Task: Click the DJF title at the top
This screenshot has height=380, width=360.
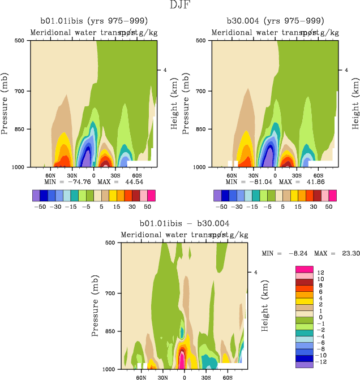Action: (x=179, y=6)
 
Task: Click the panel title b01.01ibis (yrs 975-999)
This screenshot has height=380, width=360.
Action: (x=93, y=21)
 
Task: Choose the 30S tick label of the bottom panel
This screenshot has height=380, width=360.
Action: (x=206, y=376)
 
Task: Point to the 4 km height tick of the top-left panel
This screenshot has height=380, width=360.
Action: (x=165, y=70)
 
